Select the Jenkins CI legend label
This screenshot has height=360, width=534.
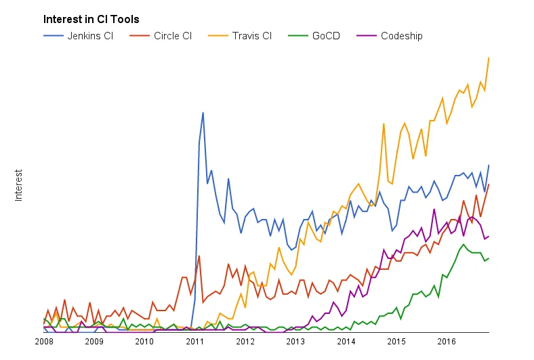tap(90, 35)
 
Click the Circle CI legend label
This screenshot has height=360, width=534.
tap(173, 35)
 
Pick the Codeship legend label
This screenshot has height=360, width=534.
tap(401, 35)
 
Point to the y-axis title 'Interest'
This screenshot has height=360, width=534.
tap(19, 185)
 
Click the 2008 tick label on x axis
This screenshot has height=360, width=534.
tap(43, 341)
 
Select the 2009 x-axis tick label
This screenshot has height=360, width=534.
tap(94, 341)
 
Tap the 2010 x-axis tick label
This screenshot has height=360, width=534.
tap(144, 341)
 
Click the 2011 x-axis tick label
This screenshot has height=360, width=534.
tap(195, 341)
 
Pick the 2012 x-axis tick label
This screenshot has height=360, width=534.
tap(245, 341)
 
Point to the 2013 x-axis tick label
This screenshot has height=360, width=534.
tap(295, 341)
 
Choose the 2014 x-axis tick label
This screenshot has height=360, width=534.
tap(346, 341)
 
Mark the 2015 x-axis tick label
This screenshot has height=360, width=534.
tap(396, 341)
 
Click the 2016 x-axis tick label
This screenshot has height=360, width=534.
tap(447, 341)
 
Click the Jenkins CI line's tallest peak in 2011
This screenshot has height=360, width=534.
tap(203, 113)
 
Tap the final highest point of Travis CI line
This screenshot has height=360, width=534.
tap(489, 58)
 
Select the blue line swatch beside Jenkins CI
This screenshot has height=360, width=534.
tap(54, 35)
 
